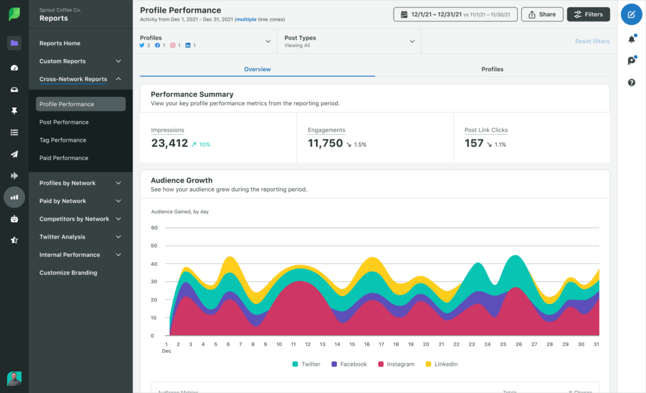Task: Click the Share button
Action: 542,14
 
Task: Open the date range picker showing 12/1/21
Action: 455,14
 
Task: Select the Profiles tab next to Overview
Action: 492,69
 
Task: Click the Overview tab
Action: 257,69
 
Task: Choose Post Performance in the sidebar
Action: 64,122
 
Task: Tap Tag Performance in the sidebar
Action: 62,140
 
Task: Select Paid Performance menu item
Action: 64,158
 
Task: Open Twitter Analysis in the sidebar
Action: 62,237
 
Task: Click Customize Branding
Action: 68,273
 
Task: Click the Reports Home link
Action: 60,43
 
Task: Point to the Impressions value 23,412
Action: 170,144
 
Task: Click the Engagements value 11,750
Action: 326,144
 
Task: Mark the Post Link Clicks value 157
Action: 474,144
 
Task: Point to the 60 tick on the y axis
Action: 153,227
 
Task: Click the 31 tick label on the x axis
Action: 597,345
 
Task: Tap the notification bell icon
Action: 631,40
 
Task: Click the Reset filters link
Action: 592,42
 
